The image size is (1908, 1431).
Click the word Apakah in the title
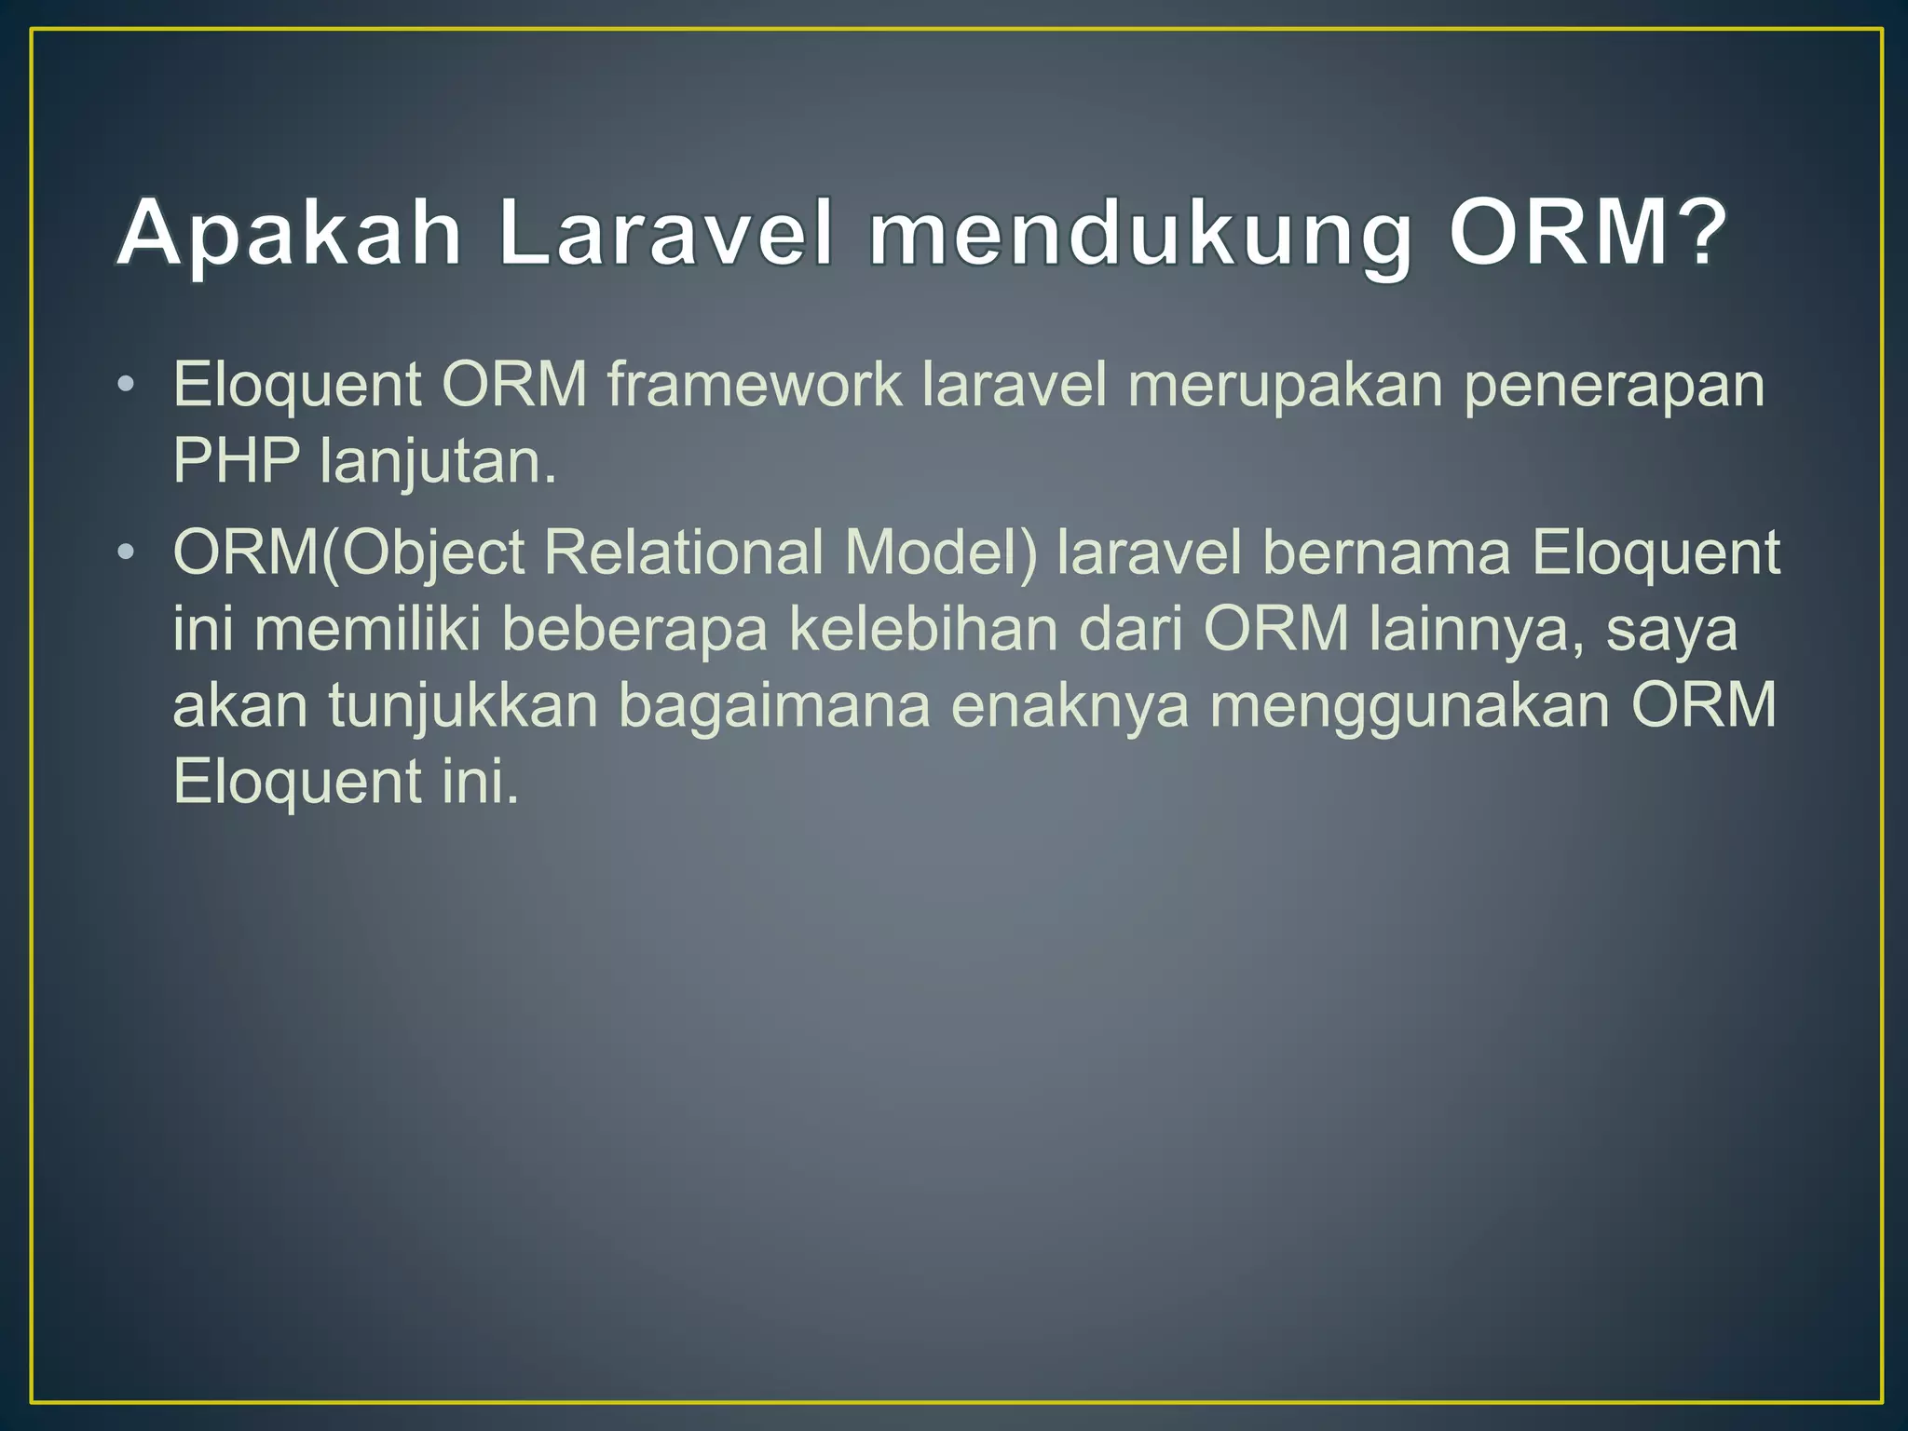pos(290,234)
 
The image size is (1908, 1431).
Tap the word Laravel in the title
pos(664,234)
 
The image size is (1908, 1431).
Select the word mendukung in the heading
pos(1138,234)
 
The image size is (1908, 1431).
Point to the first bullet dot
pos(127,385)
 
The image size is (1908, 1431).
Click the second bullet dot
pos(127,553)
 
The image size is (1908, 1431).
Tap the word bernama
pos(1385,552)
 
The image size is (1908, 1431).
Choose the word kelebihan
pos(922,629)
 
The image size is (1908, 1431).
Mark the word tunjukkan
pos(462,705)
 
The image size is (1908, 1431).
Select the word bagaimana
pos(774,705)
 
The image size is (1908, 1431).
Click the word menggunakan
pos(1409,705)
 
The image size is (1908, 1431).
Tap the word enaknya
pos(1070,705)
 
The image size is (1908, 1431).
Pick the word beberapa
pos(634,629)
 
